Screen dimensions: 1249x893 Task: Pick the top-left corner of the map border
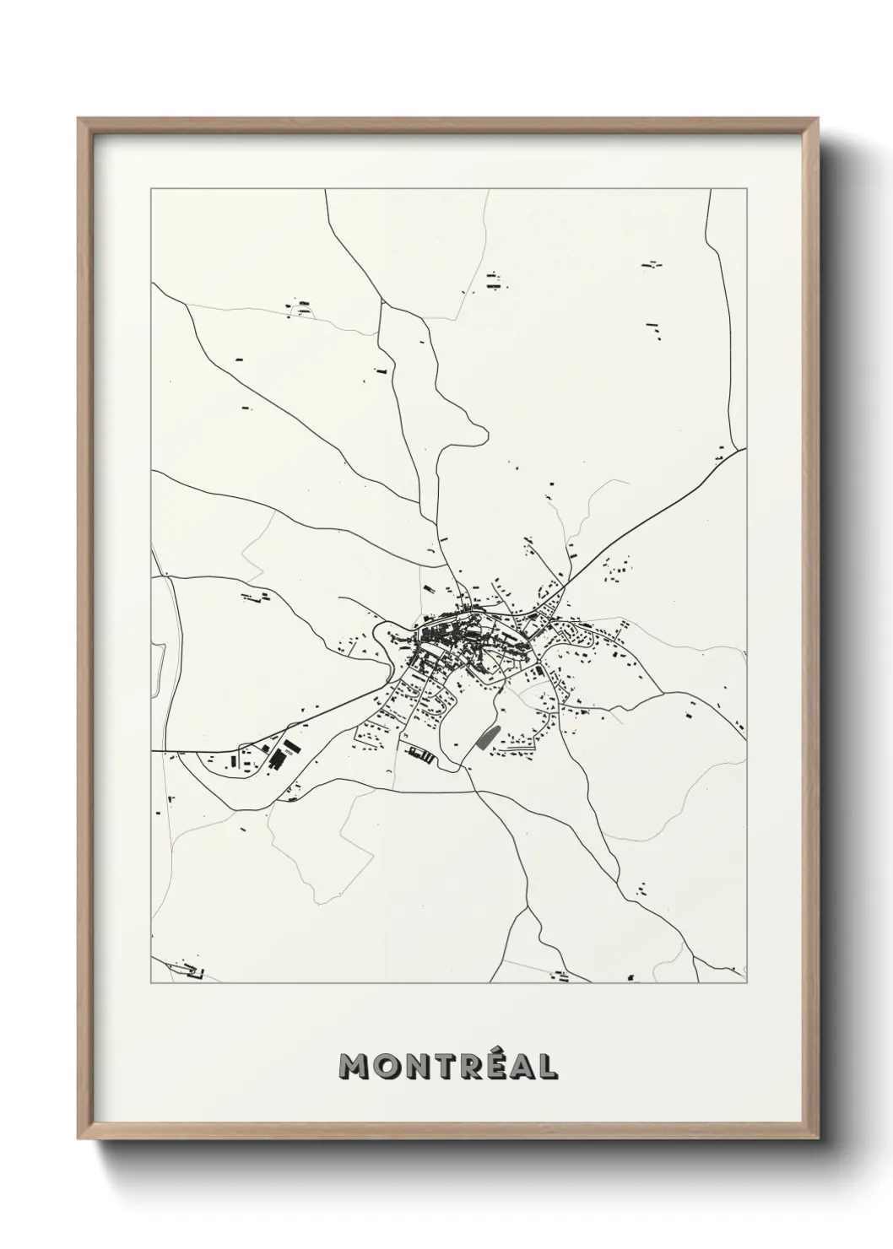(x=151, y=189)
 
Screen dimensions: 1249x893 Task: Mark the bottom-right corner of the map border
(x=747, y=983)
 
